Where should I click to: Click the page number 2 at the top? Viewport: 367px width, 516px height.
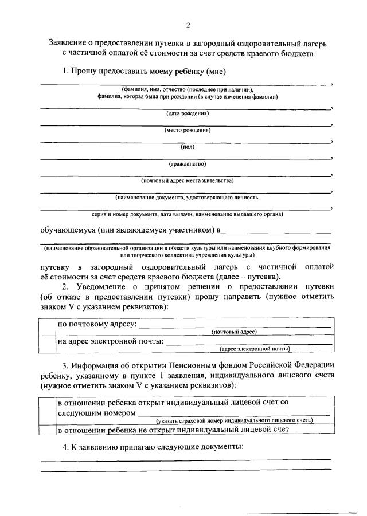point(187,25)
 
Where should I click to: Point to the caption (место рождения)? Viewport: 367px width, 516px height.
point(187,130)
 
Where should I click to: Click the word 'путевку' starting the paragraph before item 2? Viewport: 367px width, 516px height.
point(57,267)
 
